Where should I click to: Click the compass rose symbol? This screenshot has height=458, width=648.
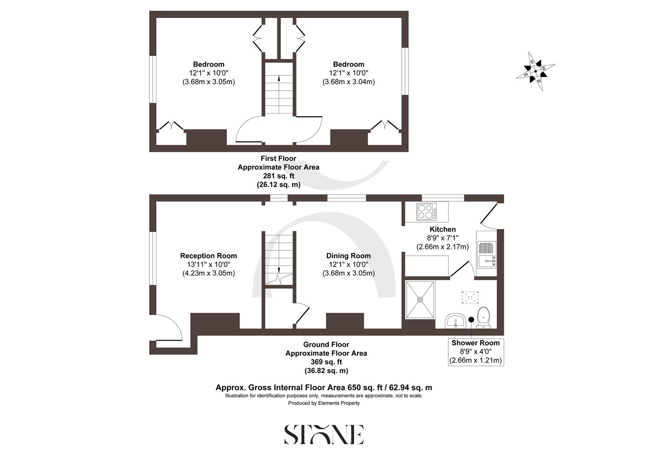(x=536, y=71)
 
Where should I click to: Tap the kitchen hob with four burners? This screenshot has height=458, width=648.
(x=425, y=211)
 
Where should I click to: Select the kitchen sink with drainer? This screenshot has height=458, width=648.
(x=486, y=254)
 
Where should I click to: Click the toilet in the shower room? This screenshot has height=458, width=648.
(x=484, y=318)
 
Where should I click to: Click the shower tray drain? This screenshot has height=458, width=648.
(x=420, y=299)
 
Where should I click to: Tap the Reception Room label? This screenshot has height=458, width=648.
(x=208, y=256)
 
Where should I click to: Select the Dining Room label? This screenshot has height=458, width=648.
(x=348, y=256)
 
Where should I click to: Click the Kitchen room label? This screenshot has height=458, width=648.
(x=443, y=229)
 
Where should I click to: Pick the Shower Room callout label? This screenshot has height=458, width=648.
(x=475, y=343)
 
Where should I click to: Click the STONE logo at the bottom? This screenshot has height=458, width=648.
(x=324, y=434)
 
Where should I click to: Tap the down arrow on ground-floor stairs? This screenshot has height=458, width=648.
(x=279, y=270)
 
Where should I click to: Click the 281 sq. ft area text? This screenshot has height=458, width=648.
(x=278, y=176)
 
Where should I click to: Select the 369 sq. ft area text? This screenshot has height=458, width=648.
(x=326, y=362)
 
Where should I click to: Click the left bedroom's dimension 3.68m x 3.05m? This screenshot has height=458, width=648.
(x=208, y=82)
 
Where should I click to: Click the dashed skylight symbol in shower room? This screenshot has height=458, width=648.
(x=470, y=297)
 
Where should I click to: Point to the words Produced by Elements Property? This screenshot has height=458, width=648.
(x=324, y=403)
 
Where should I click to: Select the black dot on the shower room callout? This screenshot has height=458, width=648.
(x=471, y=320)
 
